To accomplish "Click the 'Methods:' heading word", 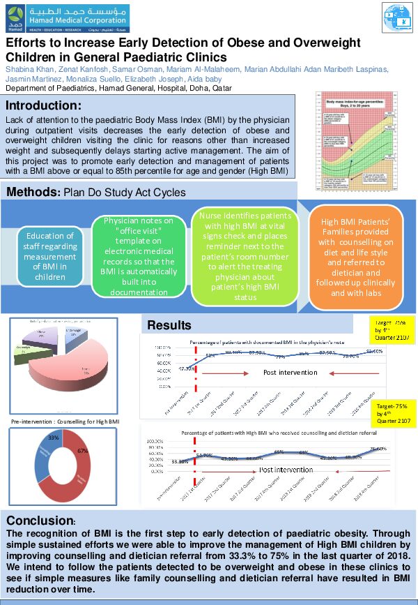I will tap(34, 191).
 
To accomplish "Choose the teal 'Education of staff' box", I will tap(50, 256).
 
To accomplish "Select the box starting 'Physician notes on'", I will tap(139, 255).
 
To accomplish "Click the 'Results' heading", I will tap(169, 325).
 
